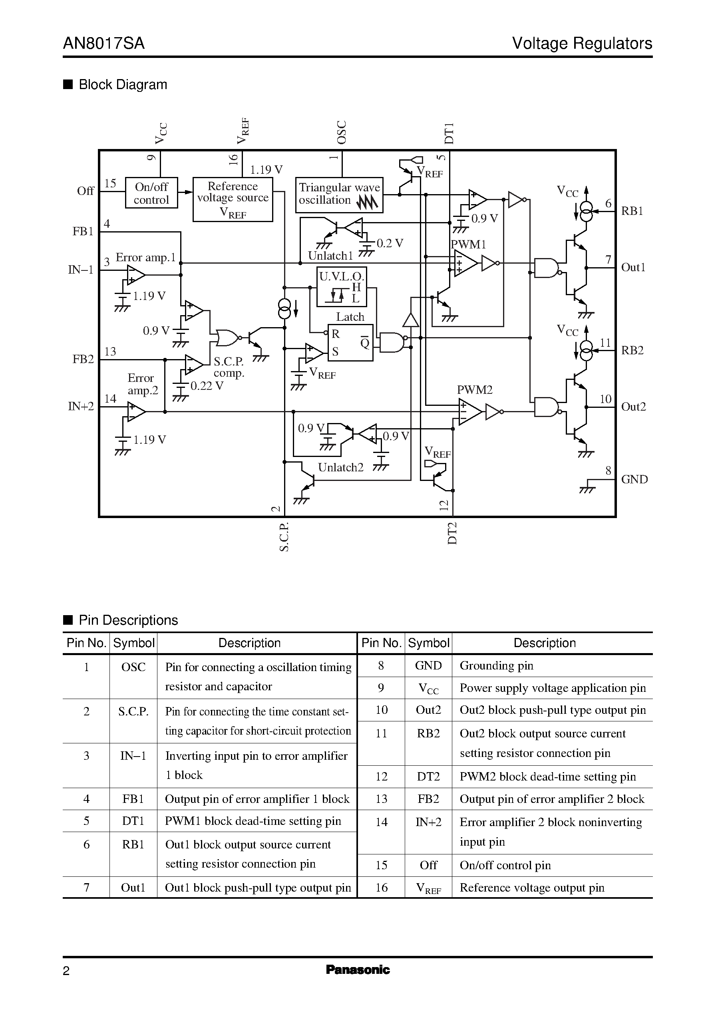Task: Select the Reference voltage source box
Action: tap(233, 199)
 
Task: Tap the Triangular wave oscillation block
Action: tap(339, 195)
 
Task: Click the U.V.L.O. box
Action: tap(342, 286)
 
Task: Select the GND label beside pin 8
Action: tap(634, 479)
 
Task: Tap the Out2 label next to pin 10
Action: tap(633, 406)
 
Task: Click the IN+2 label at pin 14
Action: tap(81, 406)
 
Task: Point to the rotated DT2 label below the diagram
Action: tap(452, 533)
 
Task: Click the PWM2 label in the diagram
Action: tap(474, 389)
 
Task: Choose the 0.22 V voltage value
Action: tap(207, 386)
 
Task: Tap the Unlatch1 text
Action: tap(330, 256)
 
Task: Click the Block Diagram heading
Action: tap(123, 85)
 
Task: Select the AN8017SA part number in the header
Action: tap(103, 43)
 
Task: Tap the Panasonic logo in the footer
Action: tap(358, 969)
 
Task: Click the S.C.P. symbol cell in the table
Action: tap(133, 712)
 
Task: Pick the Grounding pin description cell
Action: tap(496, 665)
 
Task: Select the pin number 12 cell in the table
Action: tap(381, 776)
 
